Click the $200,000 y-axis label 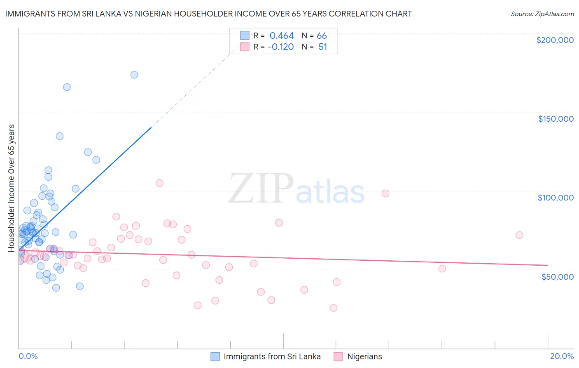click(555, 40)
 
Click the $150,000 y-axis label click(556, 119)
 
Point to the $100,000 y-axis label click(556, 198)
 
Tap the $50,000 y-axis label click(557, 276)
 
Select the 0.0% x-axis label click(28, 356)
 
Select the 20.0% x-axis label click(562, 356)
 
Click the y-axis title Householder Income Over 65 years click(12, 188)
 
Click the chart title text click(208, 14)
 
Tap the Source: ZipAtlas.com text click(542, 14)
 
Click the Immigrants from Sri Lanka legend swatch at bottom click(215, 356)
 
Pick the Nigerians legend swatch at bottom click(339, 356)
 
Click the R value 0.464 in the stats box click(281, 36)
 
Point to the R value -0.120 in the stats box click(280, 47)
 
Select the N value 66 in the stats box click(322, 36)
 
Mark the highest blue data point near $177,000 click(134, 75)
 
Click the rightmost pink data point click(519, 235)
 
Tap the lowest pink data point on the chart click(334, 308)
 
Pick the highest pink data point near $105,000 click(159, 183)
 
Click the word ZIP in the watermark click(261, 189)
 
